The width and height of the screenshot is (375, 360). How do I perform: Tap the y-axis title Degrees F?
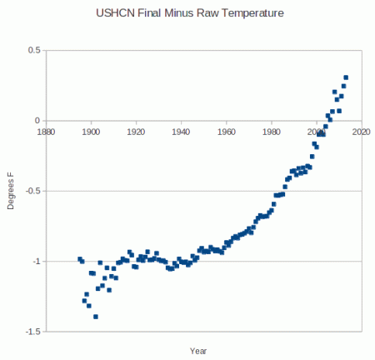click(11, 190)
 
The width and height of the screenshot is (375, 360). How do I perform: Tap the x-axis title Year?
click(197, 349)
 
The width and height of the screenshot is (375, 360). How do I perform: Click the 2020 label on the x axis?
click(360, 131)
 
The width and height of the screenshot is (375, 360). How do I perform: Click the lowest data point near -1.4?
click(96, 317)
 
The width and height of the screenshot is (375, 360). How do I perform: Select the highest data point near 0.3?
click(346, 77)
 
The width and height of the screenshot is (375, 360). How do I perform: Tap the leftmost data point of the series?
click(80, 259)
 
